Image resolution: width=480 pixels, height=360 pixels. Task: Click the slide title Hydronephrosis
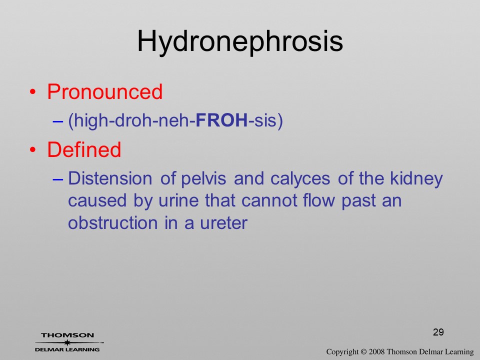[x=240, y=42]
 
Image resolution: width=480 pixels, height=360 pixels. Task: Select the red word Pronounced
[x=104, y=91]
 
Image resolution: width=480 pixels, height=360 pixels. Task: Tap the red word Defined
[x=84, y=149]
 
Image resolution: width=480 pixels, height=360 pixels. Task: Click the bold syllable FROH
[x=221, y=120]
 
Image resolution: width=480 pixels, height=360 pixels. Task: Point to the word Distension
[x=110, y=178]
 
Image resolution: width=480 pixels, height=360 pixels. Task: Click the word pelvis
[x=203, y=178]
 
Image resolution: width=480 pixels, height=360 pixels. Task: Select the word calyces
[x=300, y=179]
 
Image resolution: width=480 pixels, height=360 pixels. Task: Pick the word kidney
[x=416, y=179]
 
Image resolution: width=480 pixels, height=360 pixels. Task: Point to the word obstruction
[x=113, y=223]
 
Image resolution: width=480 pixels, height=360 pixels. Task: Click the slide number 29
[x=438, y=332]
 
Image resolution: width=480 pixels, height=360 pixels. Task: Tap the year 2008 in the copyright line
[x=376, y=351]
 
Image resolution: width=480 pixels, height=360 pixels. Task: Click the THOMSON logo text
[x=67, y=335]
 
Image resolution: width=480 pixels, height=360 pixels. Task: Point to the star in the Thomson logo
[x=67, y=342]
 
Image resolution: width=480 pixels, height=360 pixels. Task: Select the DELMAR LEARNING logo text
[x=67, y=349]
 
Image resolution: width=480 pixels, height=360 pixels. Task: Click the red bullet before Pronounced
[x=33, y=92]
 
